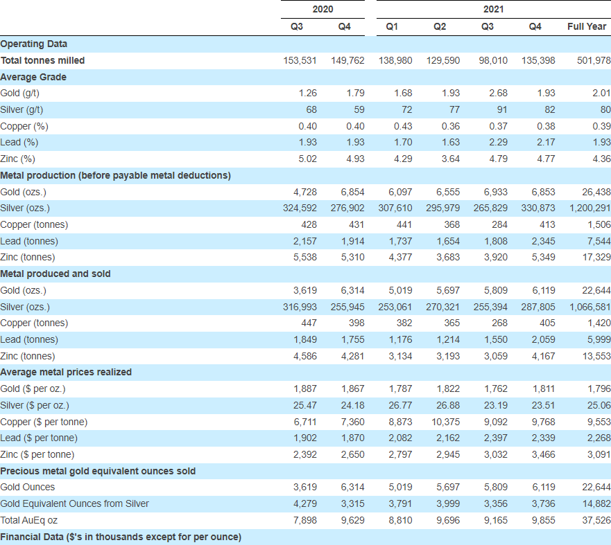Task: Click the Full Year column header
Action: [587, 26]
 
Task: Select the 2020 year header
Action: [322, 9]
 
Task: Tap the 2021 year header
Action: [493, 9]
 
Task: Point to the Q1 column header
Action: [392, 26]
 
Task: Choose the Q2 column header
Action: [440, 26]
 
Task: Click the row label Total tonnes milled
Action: [42, 60]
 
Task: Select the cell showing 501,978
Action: [594, 60]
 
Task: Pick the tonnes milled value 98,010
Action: [493, 60]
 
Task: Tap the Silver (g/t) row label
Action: [21, 109]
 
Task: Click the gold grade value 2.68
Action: [499, 93]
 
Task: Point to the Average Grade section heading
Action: [33, 77]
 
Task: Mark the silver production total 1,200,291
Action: [590, 208]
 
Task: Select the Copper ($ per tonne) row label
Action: [44, 422]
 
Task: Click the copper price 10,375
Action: [445, 422]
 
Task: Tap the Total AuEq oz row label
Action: [29, 521]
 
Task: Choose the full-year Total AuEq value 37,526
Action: [596, 521]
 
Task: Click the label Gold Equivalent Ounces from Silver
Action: [74, 503]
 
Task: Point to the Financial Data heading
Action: [121, 537]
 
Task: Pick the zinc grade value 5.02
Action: [307, 159]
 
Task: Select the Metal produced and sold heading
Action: [55, 274]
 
